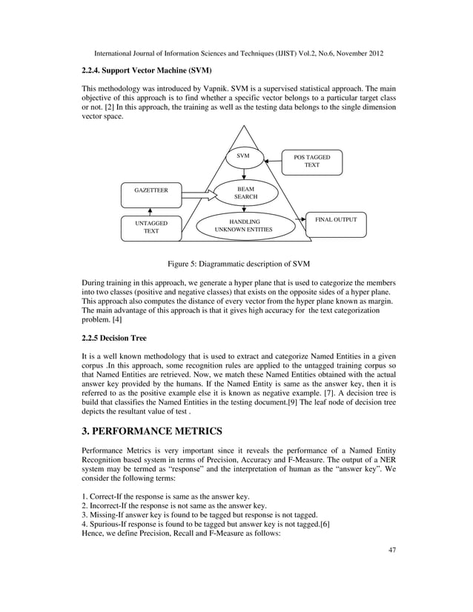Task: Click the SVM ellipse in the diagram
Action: point(243,157)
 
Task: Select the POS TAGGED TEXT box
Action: point(312,162)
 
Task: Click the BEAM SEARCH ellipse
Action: point(245,194)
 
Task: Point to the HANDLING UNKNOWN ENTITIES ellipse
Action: point(244,226)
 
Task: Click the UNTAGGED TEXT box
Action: point(150,227)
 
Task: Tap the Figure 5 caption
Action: point(238,265)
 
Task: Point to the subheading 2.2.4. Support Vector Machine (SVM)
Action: point(147,71)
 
